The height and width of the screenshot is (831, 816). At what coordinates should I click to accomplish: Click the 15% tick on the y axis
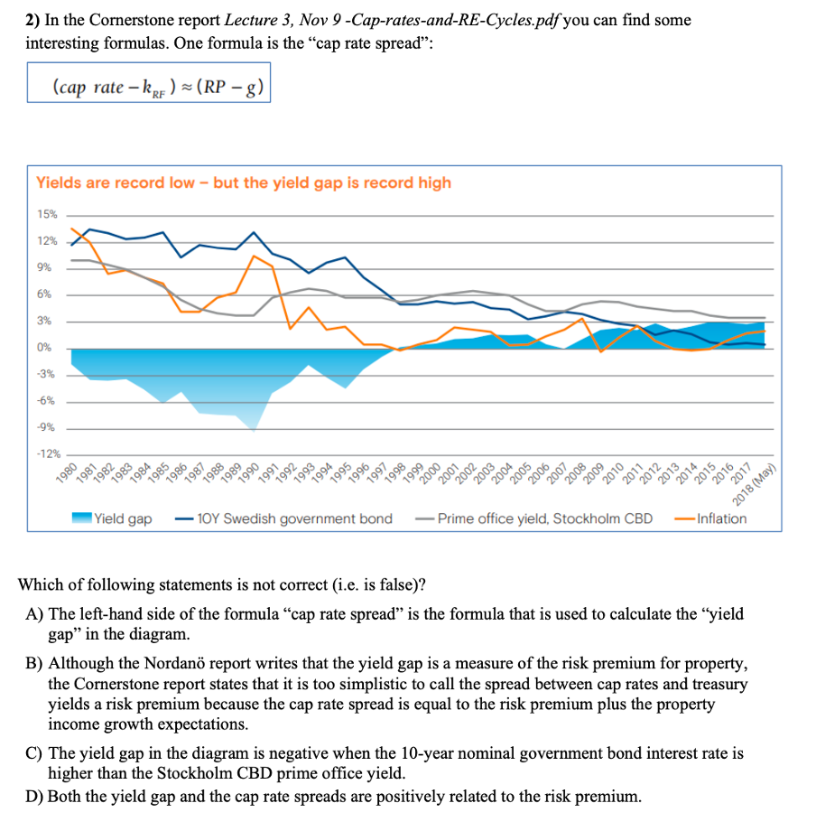click(46, 215)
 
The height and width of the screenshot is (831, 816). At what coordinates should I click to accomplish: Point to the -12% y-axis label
click(47, 453)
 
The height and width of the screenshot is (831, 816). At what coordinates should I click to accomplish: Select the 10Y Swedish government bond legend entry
click(284, 518)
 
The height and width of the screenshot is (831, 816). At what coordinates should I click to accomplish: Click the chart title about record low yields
click(243, 182)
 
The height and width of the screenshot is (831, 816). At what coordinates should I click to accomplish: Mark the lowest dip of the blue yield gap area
click(254, 430)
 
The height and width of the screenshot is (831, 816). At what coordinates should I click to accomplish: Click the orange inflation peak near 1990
click(255, 256)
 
